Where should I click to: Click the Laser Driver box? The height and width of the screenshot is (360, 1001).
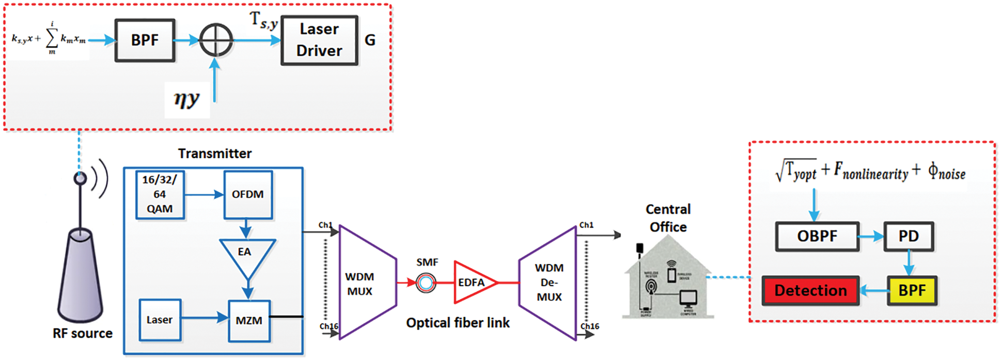tap(319, 40)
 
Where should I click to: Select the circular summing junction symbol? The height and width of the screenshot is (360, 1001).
tap(216, 40)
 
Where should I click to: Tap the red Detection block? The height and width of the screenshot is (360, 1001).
tap(810, 291)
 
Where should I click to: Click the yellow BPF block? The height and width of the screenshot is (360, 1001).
tap(912, 291)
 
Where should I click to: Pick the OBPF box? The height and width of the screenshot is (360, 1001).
tap(817, 237)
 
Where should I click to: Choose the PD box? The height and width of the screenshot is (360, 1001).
tap(909, 237)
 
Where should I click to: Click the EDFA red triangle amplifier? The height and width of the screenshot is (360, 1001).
tap(472, 283)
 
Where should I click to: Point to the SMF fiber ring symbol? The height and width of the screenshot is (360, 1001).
tap(426, 283)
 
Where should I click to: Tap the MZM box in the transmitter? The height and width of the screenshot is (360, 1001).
tap(249, 321)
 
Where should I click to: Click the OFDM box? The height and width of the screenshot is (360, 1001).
tap(248, 195)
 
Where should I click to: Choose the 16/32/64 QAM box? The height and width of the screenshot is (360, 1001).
tap(160, 195)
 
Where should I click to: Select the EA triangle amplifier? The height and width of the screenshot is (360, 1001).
tap(246, 256)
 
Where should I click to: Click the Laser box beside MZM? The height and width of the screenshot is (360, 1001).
tap(160, 320)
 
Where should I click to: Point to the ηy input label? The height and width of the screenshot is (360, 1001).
tap(186, 99)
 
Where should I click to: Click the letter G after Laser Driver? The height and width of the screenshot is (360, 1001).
tap(370, 40)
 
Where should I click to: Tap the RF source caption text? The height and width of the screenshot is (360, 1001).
tap(83, 334)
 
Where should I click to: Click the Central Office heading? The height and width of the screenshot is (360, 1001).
tap(668, 218)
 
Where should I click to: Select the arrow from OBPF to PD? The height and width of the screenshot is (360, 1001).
tap(871, 237)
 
